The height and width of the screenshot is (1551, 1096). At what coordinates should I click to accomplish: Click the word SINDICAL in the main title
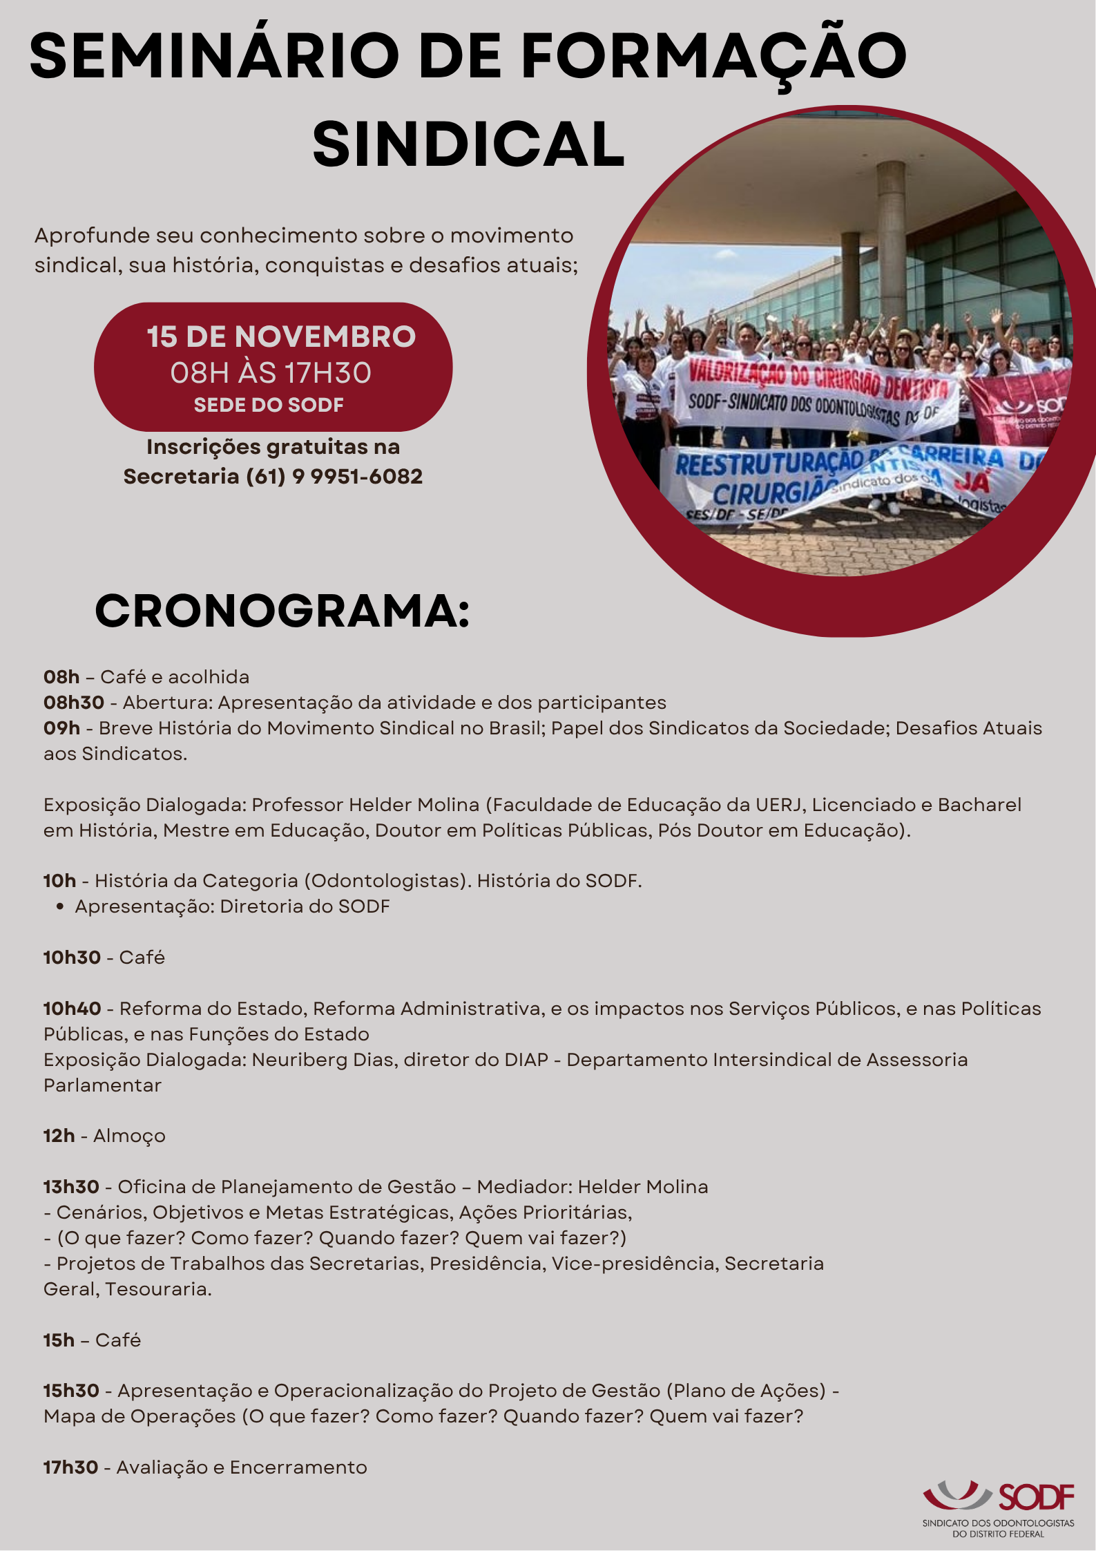468,144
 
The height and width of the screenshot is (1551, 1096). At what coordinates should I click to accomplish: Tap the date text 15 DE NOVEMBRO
281,337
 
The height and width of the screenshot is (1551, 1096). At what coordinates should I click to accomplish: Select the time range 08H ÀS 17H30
271,373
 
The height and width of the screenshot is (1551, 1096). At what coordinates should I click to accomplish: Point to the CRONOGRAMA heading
282,611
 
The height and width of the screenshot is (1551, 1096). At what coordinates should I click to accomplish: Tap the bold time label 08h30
74,703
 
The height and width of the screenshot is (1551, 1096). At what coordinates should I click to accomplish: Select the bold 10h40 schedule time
73,1009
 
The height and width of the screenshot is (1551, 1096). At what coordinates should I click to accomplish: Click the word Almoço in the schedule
129,1136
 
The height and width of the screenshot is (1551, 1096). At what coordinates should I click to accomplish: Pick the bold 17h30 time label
70,1467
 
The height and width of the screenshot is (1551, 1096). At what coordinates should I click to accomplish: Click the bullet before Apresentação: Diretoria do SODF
61,906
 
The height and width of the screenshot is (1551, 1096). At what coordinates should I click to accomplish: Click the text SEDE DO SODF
269,405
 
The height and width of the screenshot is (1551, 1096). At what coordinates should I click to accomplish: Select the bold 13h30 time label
72,1187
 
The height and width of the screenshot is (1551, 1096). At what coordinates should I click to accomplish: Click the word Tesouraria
158,1289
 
